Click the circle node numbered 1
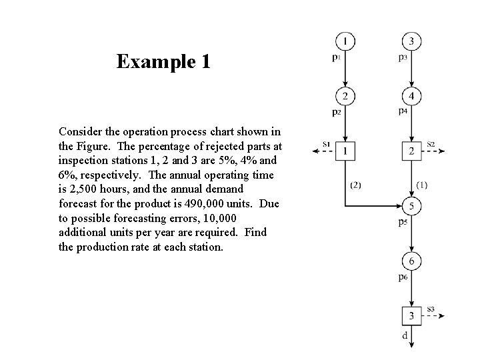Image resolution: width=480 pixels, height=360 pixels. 345,41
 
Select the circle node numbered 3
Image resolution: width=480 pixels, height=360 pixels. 412,41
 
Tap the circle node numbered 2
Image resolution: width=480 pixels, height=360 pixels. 345,97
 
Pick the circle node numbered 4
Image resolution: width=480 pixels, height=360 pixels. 412,97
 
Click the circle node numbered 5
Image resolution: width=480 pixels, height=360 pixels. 412,207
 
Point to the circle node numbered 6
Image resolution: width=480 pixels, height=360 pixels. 412,261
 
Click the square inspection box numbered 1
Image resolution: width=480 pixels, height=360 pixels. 345,151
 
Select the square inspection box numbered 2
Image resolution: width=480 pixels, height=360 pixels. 412,151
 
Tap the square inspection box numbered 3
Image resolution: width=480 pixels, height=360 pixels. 412,315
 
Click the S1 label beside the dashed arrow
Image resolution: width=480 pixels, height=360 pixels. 326,143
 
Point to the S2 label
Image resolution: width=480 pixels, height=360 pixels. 431,143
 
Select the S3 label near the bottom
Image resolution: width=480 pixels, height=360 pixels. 431,309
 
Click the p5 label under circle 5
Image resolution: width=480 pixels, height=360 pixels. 403,222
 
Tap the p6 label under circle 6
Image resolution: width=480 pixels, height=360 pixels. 403,277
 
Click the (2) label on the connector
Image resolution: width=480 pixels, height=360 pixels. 355,185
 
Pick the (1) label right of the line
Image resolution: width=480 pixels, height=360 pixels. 422,185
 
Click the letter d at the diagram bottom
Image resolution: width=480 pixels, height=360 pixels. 405,336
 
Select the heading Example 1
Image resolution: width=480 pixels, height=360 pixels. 163,62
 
